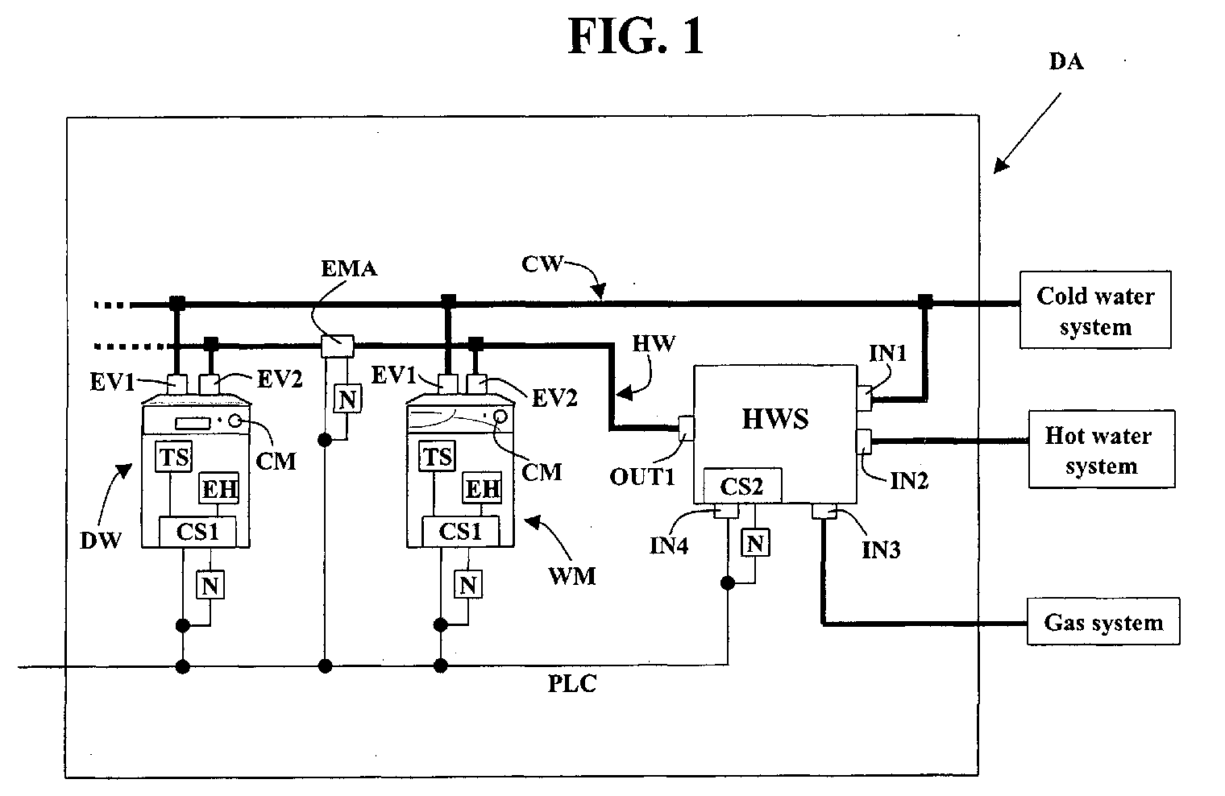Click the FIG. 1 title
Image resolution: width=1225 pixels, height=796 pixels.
click(x=636, y=36)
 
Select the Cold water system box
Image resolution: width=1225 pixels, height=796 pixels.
click(x=1095, y=310)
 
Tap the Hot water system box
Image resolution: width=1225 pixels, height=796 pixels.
click(x=1102, y=449)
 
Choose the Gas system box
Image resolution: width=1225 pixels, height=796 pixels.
click(x=1103, y=622)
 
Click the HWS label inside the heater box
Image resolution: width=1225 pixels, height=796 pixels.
click(x=775, y=419)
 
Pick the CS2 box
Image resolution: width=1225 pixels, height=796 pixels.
click(x=742, y=486)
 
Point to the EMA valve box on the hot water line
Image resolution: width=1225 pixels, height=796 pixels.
click(x=337, y=346)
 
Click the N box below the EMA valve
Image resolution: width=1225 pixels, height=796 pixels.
click(x=347, y=399)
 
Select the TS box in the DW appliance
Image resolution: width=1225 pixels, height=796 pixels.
click(x=174, y=456)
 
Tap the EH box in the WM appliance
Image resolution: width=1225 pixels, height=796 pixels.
click(x=482, y=488)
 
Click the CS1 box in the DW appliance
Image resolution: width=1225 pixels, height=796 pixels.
click(x=197, y=532)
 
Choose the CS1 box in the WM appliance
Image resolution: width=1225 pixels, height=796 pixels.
click(x=460, y=531)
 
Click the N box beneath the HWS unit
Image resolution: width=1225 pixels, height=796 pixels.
click(x=755, y=543)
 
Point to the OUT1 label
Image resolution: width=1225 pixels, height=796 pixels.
click(x=642, y=477)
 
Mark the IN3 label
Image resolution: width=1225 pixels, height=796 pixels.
click(x=880, y=550)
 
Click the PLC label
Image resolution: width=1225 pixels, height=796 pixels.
click(x=572, y=683)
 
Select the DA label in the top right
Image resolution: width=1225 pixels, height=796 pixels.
click(x=1066, y=61)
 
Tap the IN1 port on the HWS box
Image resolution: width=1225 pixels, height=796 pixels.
click(x=864, y=397)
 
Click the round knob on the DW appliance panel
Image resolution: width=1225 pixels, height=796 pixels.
click(x=235, y=421)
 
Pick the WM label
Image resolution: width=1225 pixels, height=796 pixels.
click(x=572, y=576)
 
